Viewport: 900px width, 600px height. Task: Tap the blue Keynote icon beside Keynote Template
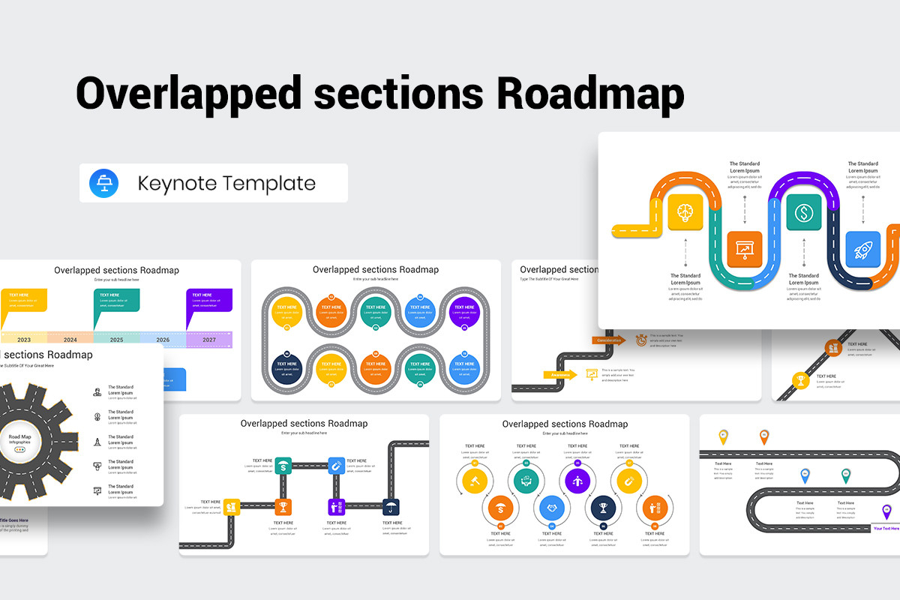pos(104,183)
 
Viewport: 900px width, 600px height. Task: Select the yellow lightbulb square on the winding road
pos(685,211)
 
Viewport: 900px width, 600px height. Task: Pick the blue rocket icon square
pos(862,249)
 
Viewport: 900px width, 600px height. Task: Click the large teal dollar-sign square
pos(803,212)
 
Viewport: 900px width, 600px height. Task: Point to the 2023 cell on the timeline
pos(24,340)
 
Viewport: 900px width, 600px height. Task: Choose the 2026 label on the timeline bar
pos(163,340)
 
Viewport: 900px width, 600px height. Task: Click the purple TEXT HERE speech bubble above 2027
pos(209,300)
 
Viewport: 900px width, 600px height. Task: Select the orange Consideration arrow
pos(609,340)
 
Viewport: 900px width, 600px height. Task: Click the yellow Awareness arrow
pos(562,374)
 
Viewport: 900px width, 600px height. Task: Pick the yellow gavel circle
pos(474,479)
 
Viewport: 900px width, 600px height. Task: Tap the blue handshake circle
pos(553,508)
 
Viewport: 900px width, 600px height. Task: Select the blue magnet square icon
pos(335,466)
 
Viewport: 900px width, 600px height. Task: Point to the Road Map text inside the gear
pos(20,436)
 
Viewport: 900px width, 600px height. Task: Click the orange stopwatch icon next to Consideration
pos(641,340)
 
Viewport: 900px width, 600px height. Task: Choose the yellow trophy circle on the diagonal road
pos(800,381)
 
